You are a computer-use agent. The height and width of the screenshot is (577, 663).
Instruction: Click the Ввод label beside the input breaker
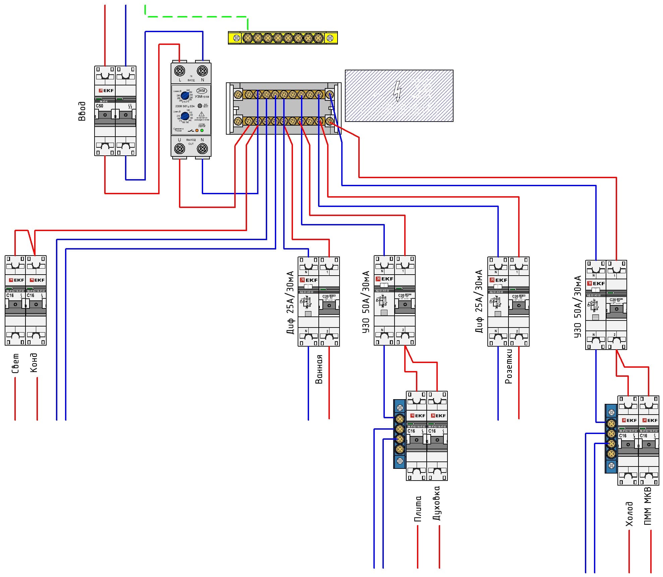82,111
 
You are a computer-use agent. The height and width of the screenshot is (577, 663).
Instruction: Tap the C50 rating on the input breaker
100,106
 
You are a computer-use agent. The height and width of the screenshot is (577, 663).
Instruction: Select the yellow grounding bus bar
283,38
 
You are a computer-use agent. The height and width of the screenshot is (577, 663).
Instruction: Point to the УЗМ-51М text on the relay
202,97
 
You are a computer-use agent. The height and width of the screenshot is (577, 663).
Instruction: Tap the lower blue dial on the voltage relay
185,116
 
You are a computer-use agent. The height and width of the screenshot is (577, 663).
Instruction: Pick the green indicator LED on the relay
202,130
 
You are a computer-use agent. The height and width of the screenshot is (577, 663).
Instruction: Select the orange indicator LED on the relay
197,130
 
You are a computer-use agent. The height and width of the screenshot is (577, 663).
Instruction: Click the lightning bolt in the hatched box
398,91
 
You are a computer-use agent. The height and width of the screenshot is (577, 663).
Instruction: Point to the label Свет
15,363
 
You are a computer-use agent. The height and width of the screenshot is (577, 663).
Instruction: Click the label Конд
34,362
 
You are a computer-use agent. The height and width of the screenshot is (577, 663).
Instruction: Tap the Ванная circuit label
319,369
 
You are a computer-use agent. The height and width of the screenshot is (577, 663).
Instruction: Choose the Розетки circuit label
508,366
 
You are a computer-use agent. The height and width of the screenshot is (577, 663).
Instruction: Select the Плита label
418,509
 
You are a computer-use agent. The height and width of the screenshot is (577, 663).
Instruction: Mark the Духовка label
436,503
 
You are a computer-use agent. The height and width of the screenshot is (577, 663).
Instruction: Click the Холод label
629,514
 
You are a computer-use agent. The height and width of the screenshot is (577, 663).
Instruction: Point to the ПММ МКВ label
648,506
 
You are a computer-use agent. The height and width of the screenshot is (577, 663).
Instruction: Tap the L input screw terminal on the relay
180,71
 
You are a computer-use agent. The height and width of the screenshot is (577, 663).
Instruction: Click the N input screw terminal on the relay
202,71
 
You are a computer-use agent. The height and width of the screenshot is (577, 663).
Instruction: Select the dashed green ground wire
196,16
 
